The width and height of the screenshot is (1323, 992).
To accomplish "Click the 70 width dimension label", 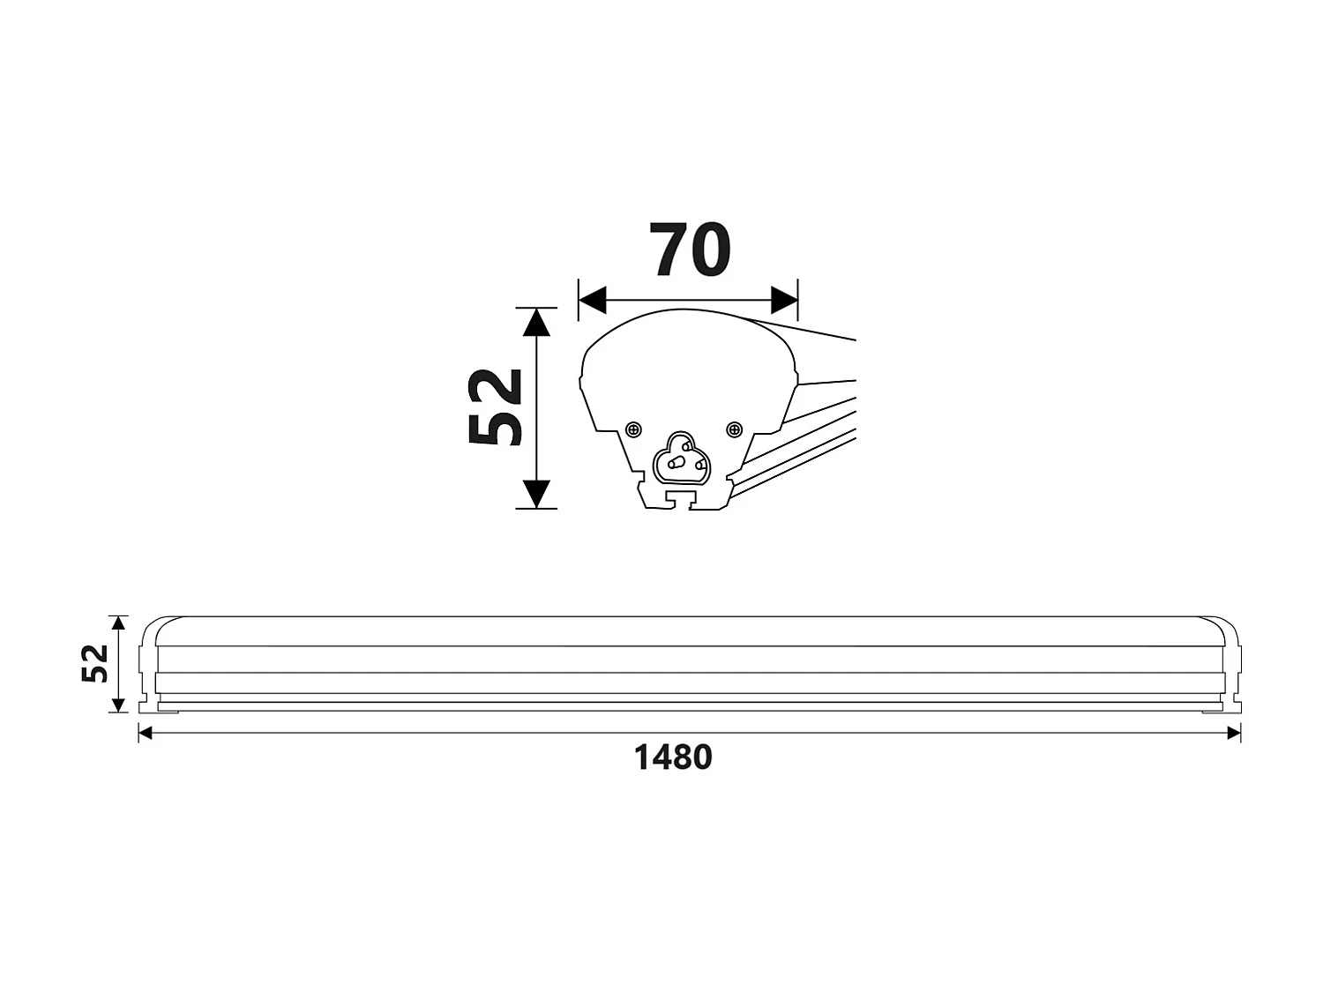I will pos(690,250).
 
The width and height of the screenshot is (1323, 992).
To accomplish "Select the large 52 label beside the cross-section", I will pos(496,407).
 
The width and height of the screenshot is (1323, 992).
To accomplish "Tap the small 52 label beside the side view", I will pos(95,663).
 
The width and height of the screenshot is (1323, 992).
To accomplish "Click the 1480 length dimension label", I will pos(673,757).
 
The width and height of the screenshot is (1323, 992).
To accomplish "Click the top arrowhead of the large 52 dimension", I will pos(536,323).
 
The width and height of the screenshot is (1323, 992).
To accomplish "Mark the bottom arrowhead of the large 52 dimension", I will pos(536,494).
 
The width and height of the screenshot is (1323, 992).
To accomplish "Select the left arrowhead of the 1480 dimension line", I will pos(146,733).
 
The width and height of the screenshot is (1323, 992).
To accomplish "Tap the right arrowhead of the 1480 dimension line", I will pos(1234,733).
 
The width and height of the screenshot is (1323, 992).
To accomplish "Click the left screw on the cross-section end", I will pos(633,429).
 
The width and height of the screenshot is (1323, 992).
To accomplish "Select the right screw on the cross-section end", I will pos(734,429).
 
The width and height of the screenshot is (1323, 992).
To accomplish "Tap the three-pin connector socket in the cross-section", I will pos(679,459).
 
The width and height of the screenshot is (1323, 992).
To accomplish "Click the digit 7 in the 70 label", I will pos(670,250).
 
